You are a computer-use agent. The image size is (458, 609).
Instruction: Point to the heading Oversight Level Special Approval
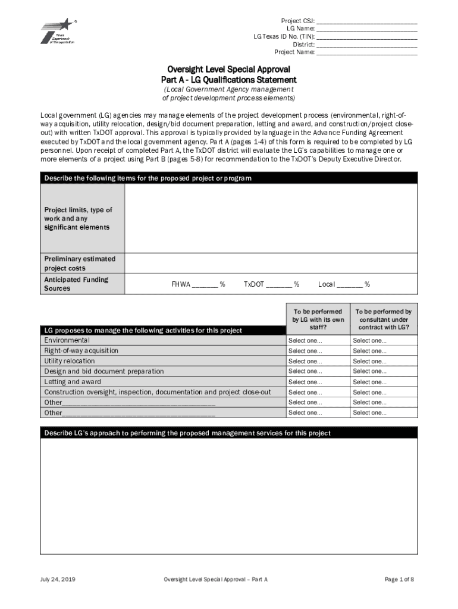pyautogui.click(x=228, y=69)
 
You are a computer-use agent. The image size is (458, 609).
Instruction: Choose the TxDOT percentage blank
pyautogui.click(x=278, y=285)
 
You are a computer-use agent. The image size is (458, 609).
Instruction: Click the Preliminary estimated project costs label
pyautogui.click(x=80, y=263)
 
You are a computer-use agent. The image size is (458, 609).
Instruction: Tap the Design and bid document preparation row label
pyautogui.click(x=104, y=372)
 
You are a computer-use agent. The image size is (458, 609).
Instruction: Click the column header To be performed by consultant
pyautogui.click(x=384, y=320)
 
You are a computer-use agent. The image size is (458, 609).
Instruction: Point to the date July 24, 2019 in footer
pyautogui.click(x=58, y=579)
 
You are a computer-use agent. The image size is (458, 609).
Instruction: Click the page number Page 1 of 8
pyautogui.click(x=399, y=579)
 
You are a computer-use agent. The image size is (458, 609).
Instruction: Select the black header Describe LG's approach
pyautogui.click(x=228, y=433)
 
